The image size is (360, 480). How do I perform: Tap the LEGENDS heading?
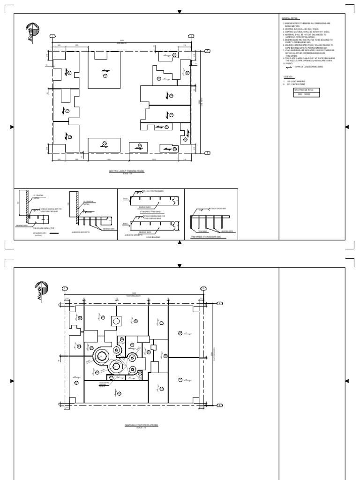click(288, 76)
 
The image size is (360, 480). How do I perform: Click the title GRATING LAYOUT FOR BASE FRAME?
click(127, 172)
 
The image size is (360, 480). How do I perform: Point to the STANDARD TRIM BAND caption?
click(150, 212)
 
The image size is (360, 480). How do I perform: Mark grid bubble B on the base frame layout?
click(207, 152)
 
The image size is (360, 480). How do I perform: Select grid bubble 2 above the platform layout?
click(202, 288)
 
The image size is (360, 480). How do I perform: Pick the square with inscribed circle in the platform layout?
click(115, 321)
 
